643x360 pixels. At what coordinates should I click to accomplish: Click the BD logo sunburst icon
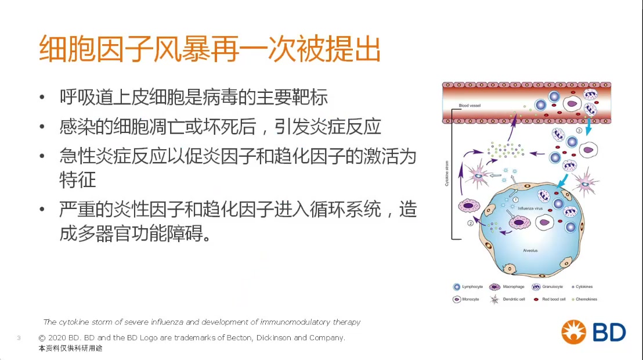(x=574, y=332)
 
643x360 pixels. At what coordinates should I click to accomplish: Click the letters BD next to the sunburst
(x=609, y=332)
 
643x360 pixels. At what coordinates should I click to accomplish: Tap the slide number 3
(x=19, y=338)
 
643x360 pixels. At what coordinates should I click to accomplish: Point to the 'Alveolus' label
(x=530, y=250)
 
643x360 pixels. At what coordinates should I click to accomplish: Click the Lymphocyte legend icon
(x=457, y=287)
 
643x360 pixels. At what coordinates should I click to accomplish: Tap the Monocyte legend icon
(x=457, y=300)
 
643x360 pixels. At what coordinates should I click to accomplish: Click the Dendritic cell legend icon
(x=495, y=300)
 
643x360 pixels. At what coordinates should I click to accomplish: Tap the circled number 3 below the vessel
(x=579, y=129)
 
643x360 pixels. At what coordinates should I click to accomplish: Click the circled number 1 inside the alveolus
(x=516, y=200)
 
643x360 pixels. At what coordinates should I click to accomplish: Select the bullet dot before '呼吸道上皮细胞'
(x=42, y=97)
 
